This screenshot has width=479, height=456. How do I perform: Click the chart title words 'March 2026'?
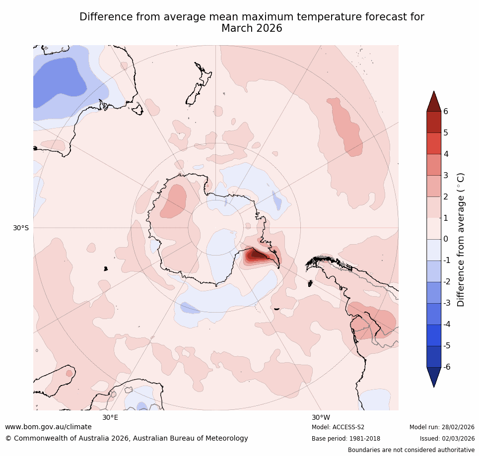pyautogui.click(x=252, y=28)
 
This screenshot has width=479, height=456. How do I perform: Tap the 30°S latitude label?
pyautogui.click(x=20, y=228)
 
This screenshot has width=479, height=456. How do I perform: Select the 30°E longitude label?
pyautogui.click(x=110, y=417)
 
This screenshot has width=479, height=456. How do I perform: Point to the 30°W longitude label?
pyautogui.click(x=321, y=417)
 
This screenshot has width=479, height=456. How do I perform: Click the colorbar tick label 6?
pyautogui.click(x=446, y=111)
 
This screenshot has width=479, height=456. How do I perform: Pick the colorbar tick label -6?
pyautogui.click(x=447, y=367)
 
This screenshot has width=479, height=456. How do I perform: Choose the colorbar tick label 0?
pyautogui.click(x=446, y=239)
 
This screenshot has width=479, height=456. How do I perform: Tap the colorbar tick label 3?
pyautogui.click(x=446, y=175)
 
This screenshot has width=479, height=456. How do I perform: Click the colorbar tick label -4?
pyautogui.click(x=447, y=324)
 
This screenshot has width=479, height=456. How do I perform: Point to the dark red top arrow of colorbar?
pyautogui.click(x=434, y=101)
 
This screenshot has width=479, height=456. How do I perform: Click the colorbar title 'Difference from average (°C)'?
pyautogui.click(x=461, y=239)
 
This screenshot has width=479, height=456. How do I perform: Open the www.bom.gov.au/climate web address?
pyautogui.click(x=48, y=427)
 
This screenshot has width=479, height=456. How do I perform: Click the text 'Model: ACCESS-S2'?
pyautogui.click(x=338, y=427)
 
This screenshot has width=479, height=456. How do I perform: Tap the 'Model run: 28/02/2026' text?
pyautogui.click(x=442, y=427)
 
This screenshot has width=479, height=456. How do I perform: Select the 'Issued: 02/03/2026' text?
pyautogui.click(x=447, y=439)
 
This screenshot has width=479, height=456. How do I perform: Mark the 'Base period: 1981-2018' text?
pyautogui.click(x=346, y=439)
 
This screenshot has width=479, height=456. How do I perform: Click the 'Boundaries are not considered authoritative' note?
pyautogui.click(x=411, y=450)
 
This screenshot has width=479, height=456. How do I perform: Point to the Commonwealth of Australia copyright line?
pyautogui.click(x=127, y=438)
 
